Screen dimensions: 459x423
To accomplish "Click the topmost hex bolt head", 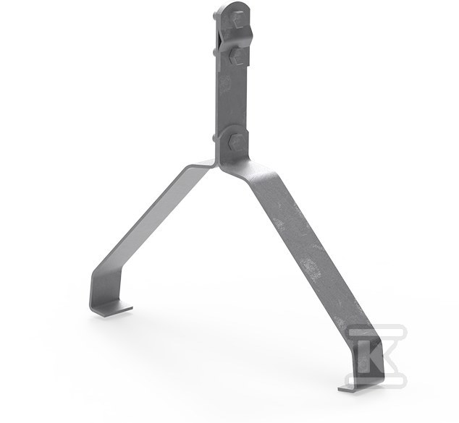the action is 238,20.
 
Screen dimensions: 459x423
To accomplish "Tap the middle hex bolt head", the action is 236,56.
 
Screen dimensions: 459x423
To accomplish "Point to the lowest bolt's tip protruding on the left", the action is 214,139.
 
